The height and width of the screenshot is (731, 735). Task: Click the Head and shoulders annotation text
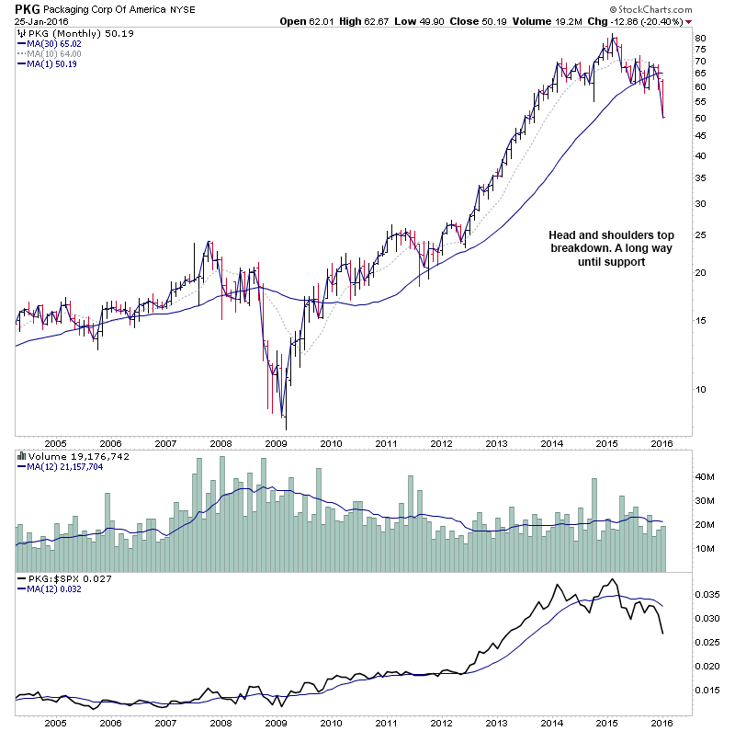pos(597,248)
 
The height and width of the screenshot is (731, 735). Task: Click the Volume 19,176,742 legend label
pos(72,455)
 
